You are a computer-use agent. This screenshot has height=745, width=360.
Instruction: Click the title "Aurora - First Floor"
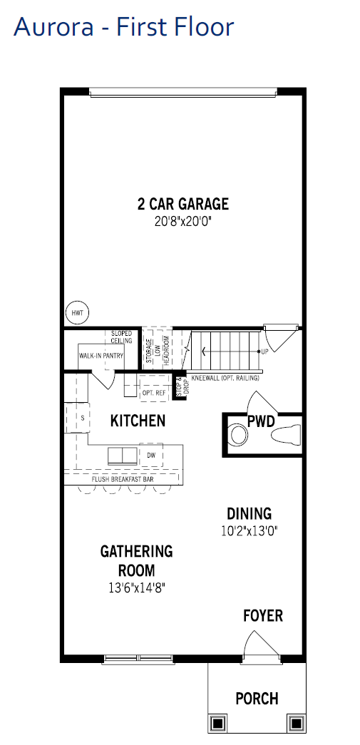pos(124,26)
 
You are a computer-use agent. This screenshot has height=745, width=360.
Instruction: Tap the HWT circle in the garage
pos(77,313)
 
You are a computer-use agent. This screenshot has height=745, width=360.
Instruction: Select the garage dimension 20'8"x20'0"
pos(182,222)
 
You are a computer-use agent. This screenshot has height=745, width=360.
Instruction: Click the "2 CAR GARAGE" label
pos(182,204)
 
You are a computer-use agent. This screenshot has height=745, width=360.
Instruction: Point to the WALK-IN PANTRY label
pos(101,356)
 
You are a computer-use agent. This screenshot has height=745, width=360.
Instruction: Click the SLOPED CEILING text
pos(122,337)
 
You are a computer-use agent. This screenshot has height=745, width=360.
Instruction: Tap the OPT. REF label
pos(154,393)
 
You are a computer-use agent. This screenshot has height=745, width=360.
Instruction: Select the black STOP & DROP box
pos(179,386)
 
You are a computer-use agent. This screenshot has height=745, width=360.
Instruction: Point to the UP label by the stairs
pos(264,352)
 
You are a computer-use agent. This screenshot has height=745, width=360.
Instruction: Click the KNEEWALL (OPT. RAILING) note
pos(225,378)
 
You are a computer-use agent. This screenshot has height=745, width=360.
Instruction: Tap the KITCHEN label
pos(138,421)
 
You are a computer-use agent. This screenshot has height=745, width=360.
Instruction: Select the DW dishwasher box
pos(151,455)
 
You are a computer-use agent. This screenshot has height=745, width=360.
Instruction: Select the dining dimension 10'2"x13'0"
pos(250,530)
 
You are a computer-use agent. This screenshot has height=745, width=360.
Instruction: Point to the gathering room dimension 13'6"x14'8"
pos(137,587)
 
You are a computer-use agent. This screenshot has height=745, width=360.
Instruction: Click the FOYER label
pos(263,616)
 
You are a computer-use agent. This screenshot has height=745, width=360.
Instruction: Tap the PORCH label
pos(257,699)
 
